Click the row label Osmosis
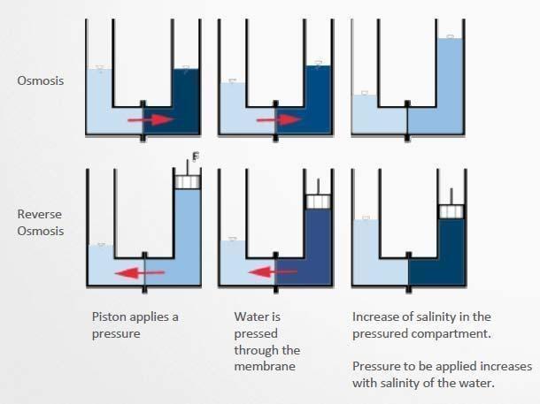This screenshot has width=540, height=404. point(40,80)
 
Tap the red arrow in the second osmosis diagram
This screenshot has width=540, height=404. point(276,118)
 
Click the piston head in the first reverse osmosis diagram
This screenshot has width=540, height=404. point(186,181)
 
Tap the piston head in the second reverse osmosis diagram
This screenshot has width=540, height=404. point(318,201)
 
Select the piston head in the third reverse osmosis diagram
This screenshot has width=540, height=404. point(451,210)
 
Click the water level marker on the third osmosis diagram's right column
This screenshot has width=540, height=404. point(451,36)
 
